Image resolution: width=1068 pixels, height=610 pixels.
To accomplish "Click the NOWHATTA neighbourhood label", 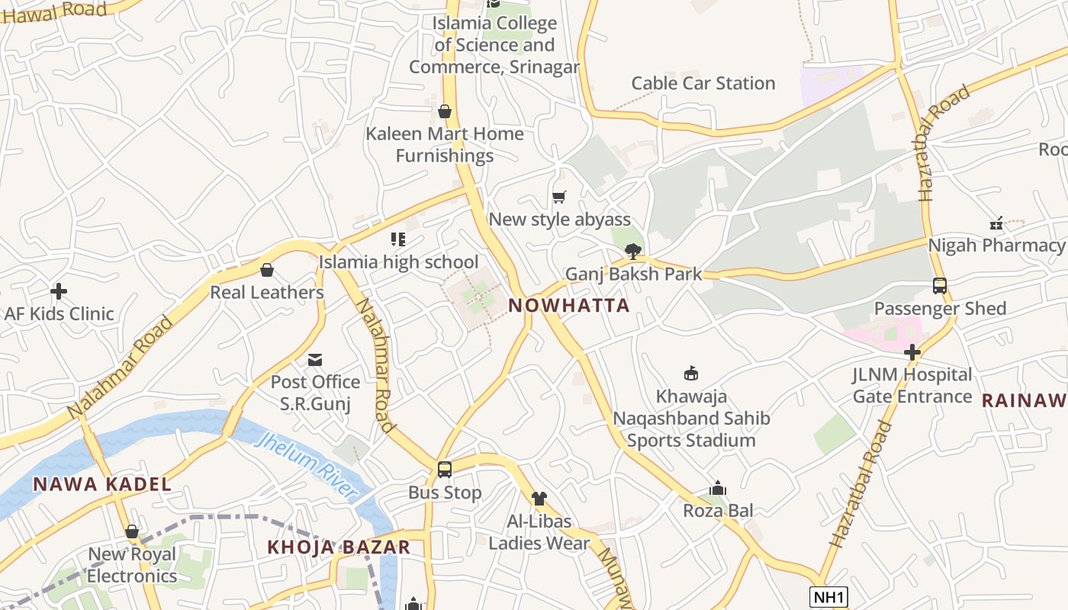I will click(569, 306).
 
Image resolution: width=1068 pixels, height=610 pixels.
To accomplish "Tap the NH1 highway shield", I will click(828, 596).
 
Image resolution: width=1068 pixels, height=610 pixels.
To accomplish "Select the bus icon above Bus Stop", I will click(445, 470).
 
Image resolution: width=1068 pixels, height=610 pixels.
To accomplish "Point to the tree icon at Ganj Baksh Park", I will click(632, 251).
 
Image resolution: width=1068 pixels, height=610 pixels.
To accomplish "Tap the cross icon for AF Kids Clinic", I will click(59, 291).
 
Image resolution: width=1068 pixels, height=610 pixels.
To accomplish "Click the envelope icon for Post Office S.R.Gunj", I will click(315, 360).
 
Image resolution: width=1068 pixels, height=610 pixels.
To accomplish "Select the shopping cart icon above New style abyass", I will click(559, 197).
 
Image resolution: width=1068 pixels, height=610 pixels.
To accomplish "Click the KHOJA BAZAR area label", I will click(339, 547).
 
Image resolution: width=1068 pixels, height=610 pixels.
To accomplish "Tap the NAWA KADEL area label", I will click(102, 484).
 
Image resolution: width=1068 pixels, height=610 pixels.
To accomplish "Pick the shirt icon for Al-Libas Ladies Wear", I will click(539, 499).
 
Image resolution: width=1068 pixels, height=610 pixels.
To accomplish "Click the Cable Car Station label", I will click(703, 83).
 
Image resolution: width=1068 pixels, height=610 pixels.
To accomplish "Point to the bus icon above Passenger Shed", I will click(940, 286).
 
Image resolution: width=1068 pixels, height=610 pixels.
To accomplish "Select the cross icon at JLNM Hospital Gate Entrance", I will click(912, 352).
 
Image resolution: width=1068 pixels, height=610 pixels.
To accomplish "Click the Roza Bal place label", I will click(718, 510).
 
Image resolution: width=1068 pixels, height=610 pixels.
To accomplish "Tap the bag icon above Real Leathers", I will click(267, 270).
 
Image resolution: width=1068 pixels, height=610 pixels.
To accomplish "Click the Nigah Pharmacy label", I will click(996, 246).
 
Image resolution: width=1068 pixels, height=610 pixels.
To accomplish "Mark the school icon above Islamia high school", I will click(397, 239).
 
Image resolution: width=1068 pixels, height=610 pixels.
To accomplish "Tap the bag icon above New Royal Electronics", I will click(132, 531).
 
